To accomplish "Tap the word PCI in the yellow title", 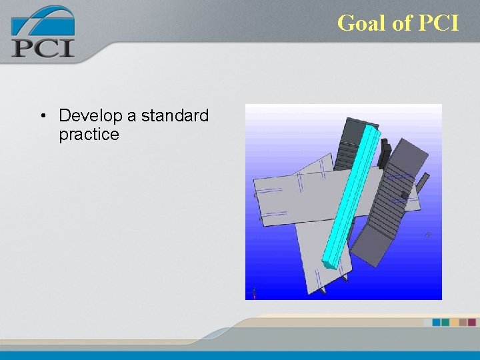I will (x=439, y=23).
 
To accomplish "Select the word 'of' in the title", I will (x=403, y=23).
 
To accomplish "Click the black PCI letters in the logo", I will (x=42, y=47).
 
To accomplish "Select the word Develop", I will (x=90, y=116).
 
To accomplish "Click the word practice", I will (x=89, y=135).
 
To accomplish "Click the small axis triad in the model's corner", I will (x=254, y=291).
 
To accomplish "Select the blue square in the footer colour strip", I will (x=437, y=322).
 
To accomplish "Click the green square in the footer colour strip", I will (x=445, y=322).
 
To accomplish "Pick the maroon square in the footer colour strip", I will (x=471, y=322).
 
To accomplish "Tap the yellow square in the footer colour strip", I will (x=454, y=322).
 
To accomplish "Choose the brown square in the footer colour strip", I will (x=463, y=322).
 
